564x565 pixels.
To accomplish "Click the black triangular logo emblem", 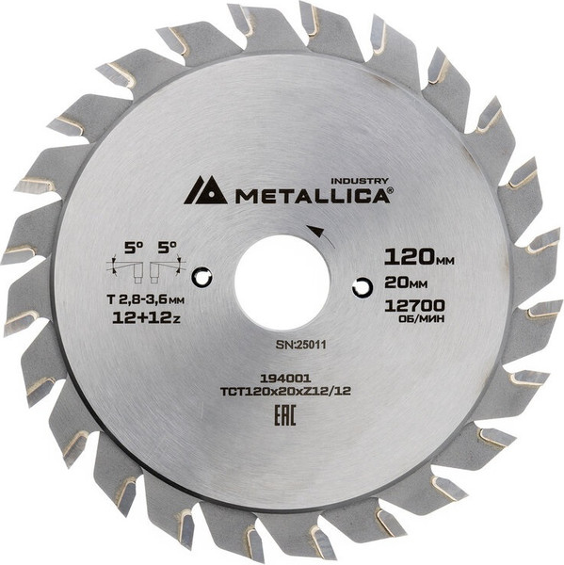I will pos(204,190).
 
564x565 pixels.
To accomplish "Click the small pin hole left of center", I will pos(201,278).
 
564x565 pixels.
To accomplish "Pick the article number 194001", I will pos(282,375).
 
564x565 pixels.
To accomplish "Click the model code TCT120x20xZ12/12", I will pos(282,389).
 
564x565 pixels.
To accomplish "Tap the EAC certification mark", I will pos(282,414).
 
